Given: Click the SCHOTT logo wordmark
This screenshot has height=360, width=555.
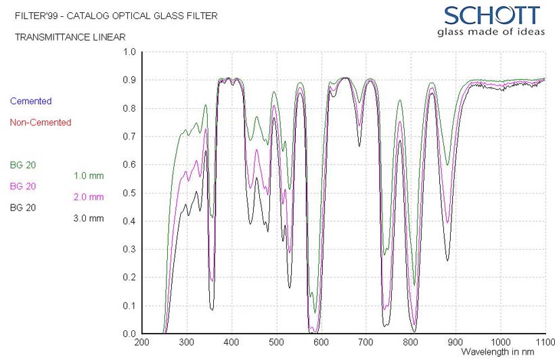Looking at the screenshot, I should coord(492,15).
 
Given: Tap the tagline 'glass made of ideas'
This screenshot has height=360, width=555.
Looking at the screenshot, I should coord(491,32).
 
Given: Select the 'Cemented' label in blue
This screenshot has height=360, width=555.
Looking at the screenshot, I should coord(30,101).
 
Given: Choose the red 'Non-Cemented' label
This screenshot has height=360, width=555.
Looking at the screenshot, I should coord(41,122).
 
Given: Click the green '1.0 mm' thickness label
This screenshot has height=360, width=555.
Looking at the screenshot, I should coord(89,175).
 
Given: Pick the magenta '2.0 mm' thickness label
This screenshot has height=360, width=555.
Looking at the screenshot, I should coord(89,197).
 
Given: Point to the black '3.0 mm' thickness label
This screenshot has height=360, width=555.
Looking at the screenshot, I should coord(89,219).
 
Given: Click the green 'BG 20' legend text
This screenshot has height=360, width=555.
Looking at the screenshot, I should coord(23,164).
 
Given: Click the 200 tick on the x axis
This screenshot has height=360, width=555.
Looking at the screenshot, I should coord(142,343).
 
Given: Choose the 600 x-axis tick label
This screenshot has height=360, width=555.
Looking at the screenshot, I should coord(321,343).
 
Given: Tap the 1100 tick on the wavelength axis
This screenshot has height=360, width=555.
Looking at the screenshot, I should coord(544,343).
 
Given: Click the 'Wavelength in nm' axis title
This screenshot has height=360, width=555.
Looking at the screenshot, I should coord(497,352).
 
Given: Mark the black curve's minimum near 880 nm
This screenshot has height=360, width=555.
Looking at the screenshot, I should coord(447,261).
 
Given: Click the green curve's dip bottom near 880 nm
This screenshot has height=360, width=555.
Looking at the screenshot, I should coord(447,164).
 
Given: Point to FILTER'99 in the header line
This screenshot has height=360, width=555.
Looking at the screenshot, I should coord(36,15).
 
